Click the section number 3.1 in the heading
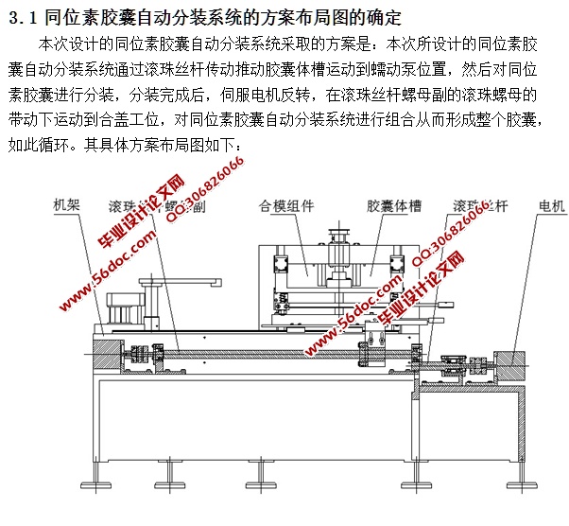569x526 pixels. tap(22, 16)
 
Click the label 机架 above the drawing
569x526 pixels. tap(70, 204)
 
